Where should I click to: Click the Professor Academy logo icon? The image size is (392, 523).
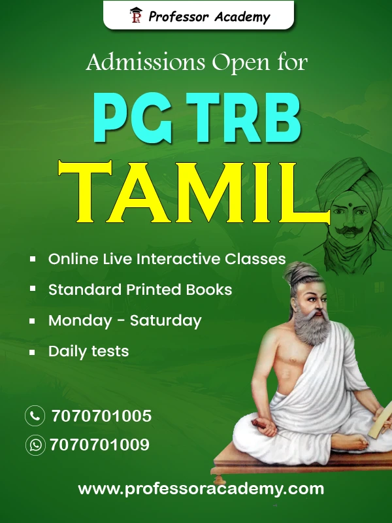[136, 15]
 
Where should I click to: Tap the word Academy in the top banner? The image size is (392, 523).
[242, 17]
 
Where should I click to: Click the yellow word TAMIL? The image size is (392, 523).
[194, 192]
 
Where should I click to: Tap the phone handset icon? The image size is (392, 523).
[35, 416]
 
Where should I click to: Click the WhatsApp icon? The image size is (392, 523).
[35, 445]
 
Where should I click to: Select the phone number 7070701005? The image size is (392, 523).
[101, 416]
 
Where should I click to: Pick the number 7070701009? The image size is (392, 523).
[100, 445]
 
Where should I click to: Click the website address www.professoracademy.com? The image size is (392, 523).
[201, 489]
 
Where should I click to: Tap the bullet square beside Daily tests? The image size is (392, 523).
[32, 352]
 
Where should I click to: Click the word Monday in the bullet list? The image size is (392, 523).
[80, 320]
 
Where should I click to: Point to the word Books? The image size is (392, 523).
[209, 290]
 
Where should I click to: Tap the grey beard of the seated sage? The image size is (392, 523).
[312, 326]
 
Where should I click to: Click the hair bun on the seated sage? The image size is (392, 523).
[299, 270]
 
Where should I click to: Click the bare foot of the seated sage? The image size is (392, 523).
[351, 441]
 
